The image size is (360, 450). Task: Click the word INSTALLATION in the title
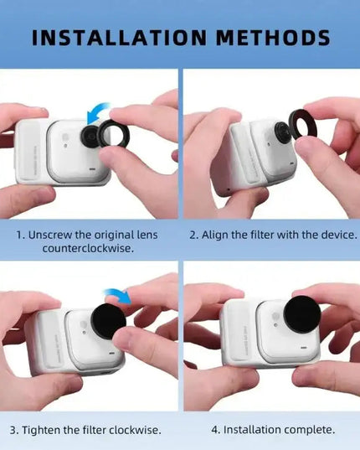coord(119,38)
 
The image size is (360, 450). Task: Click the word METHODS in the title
coord(273,38)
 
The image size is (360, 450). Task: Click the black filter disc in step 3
coord(108,320)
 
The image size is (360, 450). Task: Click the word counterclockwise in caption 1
coord(88,248)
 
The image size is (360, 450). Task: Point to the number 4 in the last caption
coord(215,430)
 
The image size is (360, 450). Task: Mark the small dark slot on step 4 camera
coord(304,348)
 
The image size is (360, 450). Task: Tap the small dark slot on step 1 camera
coord(92,169)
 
